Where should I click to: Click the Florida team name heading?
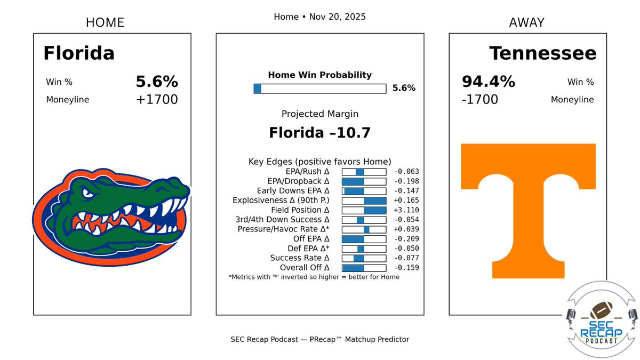79,53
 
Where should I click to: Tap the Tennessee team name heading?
542,53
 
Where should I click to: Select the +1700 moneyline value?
156,100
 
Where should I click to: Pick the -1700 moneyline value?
480,100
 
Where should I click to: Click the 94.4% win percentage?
488,82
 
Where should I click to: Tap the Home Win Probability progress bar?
319,89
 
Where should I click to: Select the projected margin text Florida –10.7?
319,132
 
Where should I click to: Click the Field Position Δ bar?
364,210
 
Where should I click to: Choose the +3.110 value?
406,210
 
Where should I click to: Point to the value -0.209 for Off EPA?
406,239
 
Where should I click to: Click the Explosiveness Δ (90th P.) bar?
364,201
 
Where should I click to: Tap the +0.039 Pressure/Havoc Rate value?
406,229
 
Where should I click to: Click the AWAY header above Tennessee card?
527,22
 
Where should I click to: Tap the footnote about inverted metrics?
314,277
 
